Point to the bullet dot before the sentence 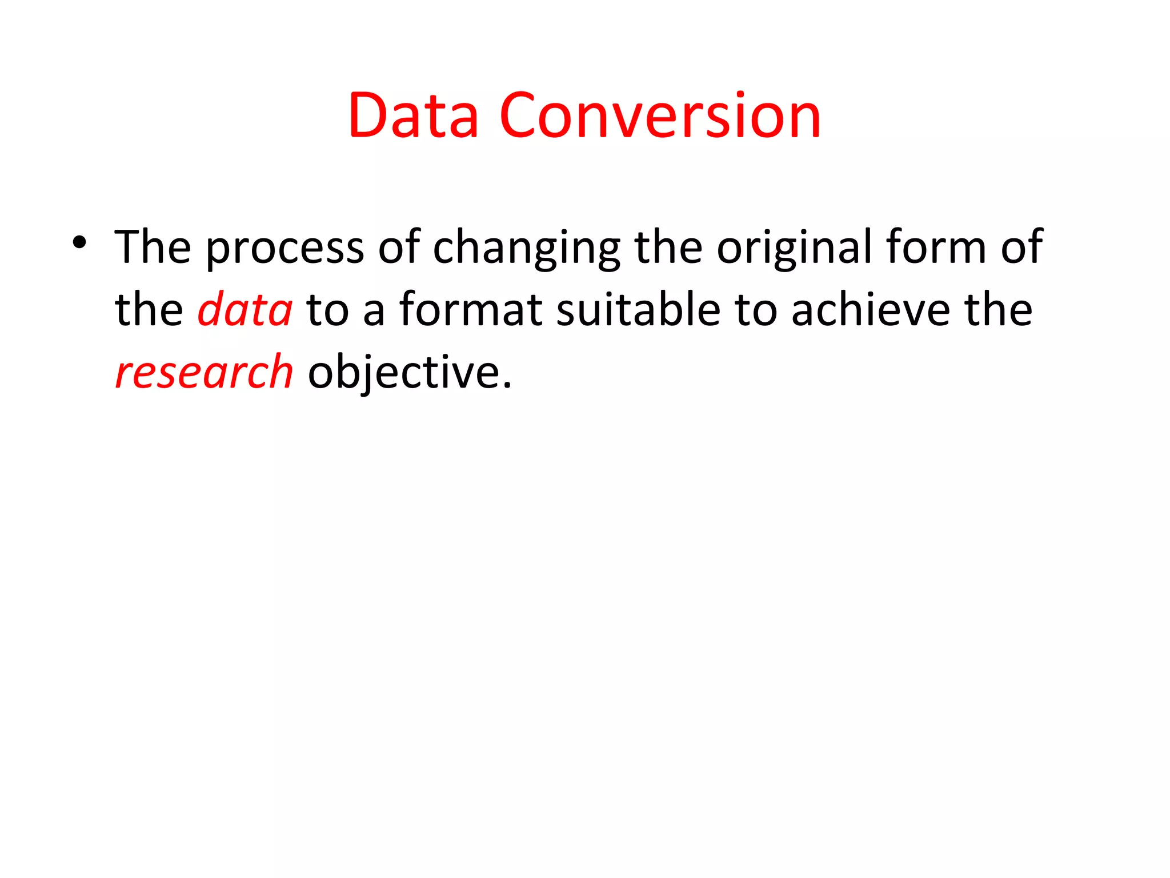[x=79, y=242]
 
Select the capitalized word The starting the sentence [x=153, y=247]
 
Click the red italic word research [x=204, y=372]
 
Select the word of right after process [x=399, y=247]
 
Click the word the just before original [x=668, y=247]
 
